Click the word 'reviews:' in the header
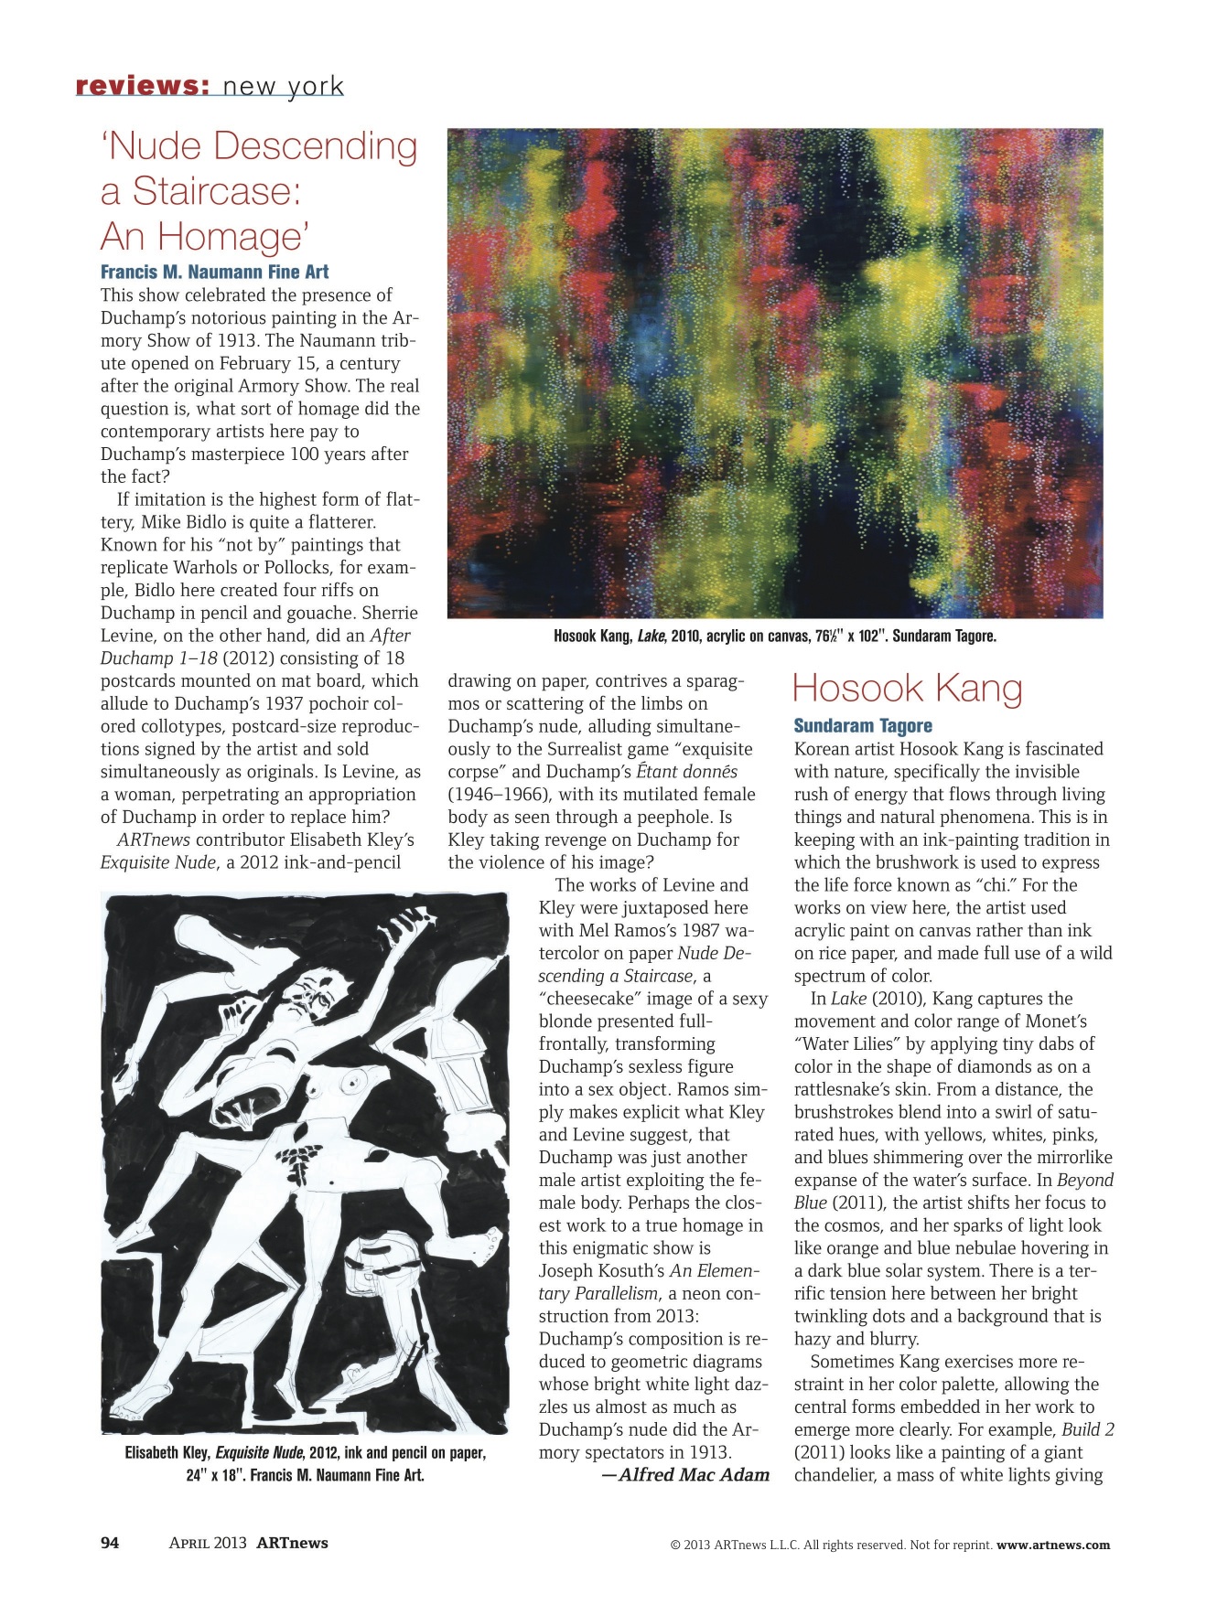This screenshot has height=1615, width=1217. pyautogui.click(x=142, y=86)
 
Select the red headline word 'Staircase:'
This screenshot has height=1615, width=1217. pyautogui.click(x=217, y=191)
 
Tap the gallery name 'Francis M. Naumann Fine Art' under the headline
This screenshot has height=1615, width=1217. pyautogui.click(x=214, y=272)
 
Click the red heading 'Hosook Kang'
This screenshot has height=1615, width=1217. pyautogui.click(x=907, y=689)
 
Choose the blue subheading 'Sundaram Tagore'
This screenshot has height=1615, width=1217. pyautogui.click(x=863, y=726)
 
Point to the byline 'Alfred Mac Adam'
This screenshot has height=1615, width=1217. pyautogui.click(x=693, y=1474)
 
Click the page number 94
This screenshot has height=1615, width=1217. pyautogui.click(x=110, y=1543)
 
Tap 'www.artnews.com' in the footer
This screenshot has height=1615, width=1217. pyautogui.click(x=1052, y=1545)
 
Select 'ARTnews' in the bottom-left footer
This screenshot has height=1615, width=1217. pyautogui.click(x=292, y=1543)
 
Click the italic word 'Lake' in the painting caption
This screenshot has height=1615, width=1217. pyautogui.click(x=651, y=636)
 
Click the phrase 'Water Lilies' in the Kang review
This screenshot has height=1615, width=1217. pyautogui.click(x=852, y=1044)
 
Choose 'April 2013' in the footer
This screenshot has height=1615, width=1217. pyautogui.click(x=208, y=1543)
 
